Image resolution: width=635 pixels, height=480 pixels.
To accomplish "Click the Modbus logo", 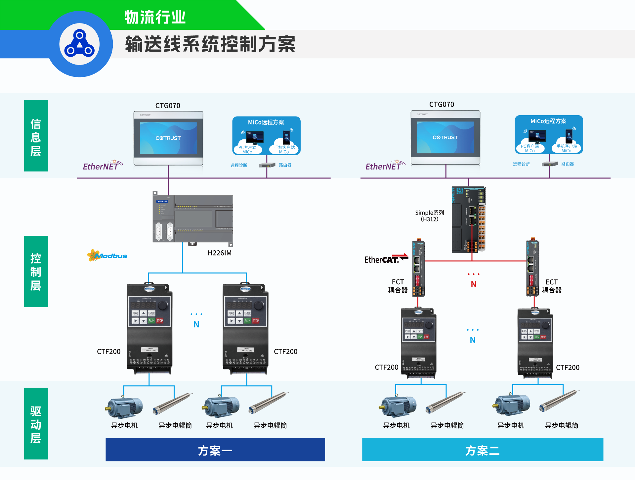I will click(x=107, y=256).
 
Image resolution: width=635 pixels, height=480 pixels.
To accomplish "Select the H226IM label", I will click(x=220, y=253).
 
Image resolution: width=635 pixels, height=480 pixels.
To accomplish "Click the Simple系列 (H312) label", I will click(x=429, y=216).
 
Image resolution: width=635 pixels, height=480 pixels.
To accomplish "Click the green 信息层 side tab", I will click(x=36, y=136).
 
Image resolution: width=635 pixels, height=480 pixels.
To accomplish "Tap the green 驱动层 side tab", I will click(x=36, y=424).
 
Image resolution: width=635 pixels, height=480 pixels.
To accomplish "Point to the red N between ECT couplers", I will click(x=474, y=284).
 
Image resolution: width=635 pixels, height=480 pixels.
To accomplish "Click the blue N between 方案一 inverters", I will click(x=196, y=324).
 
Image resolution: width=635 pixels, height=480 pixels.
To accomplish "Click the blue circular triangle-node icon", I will click(x=79, y=44).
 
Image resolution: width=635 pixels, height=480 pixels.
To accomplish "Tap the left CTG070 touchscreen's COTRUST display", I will click(x=168, y=138).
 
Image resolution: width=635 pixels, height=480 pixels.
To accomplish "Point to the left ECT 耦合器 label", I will click(x=398, y=286).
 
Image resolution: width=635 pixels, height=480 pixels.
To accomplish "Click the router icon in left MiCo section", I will click(x=267, y=165).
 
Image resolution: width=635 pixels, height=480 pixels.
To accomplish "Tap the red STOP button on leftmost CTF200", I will click(x=159, y=320).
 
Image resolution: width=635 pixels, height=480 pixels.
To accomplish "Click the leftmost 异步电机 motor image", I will click(x=124, y=407).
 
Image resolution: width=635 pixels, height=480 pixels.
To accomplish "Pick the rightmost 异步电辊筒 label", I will click(x=562, y=425).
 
